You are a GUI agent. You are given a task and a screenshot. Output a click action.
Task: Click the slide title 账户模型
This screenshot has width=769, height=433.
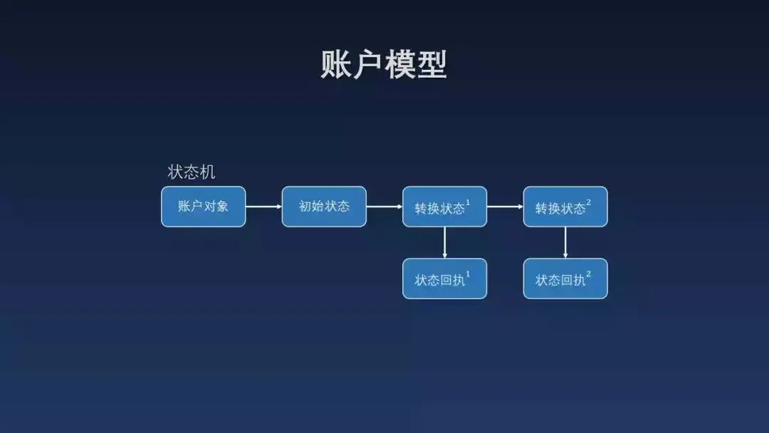click(x=384, y=65)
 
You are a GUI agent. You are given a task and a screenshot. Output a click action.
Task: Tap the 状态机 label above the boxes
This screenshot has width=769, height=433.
click(x=191, y=172)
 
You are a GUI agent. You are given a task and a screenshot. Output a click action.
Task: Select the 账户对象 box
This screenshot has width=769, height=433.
click(x=203, y=207)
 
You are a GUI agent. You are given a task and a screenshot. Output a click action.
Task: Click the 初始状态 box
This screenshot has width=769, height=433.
click(x=324, y=207)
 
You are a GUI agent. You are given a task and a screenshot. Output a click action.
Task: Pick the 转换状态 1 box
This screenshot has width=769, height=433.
click(x=444, y=207)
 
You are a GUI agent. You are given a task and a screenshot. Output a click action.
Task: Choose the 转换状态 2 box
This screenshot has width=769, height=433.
click(x=565, y=207)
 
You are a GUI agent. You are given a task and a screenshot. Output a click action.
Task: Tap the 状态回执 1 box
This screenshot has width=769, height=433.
click(x=444, y=278)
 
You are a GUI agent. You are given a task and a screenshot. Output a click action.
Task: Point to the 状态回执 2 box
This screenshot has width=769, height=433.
click(x=565, y=278)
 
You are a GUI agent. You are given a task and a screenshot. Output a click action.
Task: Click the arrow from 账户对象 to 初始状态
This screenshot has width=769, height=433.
click(x=263, y=207)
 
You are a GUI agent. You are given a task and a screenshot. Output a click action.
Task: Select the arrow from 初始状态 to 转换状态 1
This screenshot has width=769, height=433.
click(x=384, y=207)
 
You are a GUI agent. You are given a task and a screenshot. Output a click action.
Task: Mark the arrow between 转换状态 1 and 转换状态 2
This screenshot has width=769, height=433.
click(x=505, y=207)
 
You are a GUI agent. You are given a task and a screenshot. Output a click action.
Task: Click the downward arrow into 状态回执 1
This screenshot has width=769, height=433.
click(x=444, y=243)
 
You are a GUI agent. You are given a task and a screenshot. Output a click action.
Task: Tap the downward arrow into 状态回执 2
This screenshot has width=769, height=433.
click(x=565, y=243)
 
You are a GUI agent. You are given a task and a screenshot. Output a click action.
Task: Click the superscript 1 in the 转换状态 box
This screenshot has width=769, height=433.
click(x=468, y=203)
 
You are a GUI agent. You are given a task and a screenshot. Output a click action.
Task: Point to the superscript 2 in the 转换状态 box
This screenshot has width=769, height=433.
click(x=589, y=203)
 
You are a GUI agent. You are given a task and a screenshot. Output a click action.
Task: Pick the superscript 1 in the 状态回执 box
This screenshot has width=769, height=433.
click(x=468, y=274)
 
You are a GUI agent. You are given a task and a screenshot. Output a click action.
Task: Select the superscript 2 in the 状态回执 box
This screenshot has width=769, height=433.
click(x=589, y=274)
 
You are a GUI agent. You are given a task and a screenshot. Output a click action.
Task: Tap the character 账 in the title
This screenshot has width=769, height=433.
click(x=336, y=65)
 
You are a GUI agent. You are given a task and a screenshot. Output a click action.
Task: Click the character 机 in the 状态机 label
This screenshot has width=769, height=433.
click(x=207, y=172)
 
